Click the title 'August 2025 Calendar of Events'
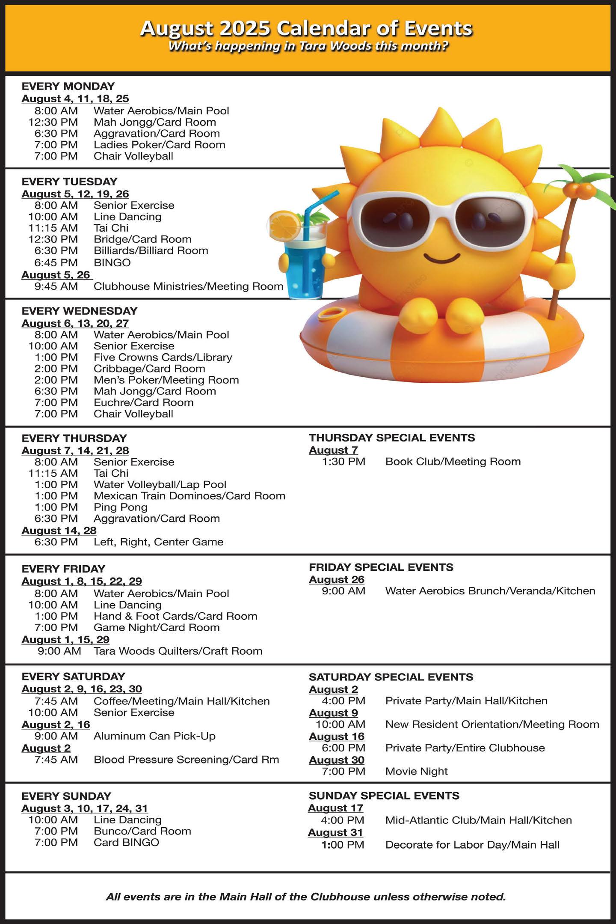click(306, 28)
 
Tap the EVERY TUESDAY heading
click(69, 182)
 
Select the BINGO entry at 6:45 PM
click(112, 262)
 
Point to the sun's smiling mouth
click(441, 259)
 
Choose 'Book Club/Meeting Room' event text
click(453, 462)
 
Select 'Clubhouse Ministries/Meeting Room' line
click(188, 286)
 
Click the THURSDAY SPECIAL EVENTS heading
click(392, 438)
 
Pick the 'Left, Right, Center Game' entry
click(158, 542)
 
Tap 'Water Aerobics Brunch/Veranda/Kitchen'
click(490, 591)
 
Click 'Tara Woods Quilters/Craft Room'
click(178, 651)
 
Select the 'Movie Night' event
click(416, 772)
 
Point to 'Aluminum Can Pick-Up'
click(154, 736)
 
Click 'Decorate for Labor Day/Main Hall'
click(472, 845)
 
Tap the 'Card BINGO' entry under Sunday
click(126, 843)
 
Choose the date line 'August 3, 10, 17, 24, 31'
click(85, 808)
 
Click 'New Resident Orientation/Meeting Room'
click(492, 724)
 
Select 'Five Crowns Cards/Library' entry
click(163, 358)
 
